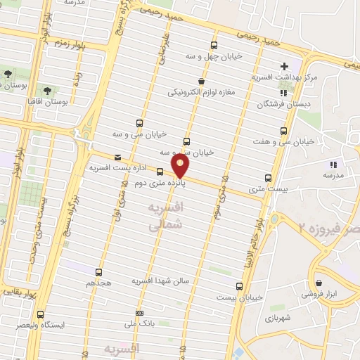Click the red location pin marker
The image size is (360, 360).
click(181, 167)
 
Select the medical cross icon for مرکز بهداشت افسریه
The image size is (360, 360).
click(285, 65)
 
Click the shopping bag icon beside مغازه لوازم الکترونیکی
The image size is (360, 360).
click(202, 82)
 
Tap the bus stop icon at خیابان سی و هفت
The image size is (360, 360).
click(284, 131)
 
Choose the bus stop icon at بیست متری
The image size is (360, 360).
click(268, 178)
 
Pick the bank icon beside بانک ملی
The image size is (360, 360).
click(140, 313)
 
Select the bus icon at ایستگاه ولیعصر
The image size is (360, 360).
click(40, 314)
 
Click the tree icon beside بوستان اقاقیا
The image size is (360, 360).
click(47, 91)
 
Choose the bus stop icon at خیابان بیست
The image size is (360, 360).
click(239, 286)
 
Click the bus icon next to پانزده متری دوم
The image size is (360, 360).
click(160, 171)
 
